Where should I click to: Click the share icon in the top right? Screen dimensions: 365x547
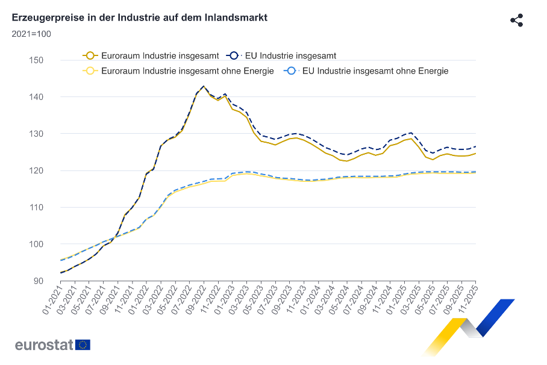[516, 20]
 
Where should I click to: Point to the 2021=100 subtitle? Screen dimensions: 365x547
[31, 34]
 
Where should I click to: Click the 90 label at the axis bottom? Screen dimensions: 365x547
[38, 281]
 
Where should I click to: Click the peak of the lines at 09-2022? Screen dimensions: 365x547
[204, 86]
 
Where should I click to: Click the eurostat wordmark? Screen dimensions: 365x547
[44, 345]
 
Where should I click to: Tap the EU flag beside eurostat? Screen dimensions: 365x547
[83, 345]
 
